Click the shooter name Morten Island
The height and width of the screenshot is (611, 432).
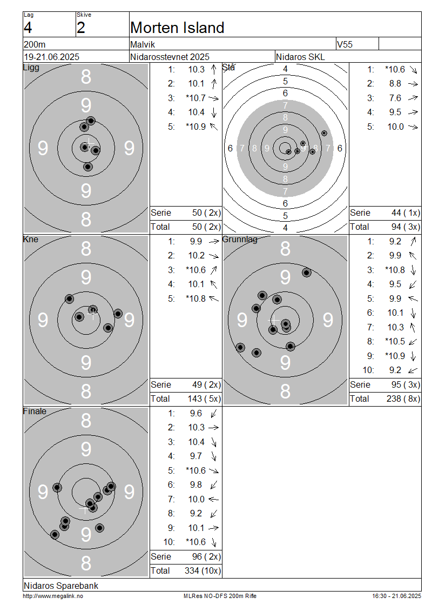click(177, 28)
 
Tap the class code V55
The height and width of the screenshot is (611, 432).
click(345, 44)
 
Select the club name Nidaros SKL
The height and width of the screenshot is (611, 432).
click(300, 57)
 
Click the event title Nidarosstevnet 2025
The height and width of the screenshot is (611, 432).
click(170, 57)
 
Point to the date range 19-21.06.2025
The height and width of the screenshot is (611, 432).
click(52, 57)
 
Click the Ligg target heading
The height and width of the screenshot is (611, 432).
click(31, 68)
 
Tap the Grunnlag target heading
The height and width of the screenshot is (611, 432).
click(240, 239)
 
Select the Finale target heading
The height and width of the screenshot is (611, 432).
click(35, 411)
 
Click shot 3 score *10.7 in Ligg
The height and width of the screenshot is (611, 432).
click(196, 98)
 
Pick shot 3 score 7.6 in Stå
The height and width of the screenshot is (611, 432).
click(395, 98)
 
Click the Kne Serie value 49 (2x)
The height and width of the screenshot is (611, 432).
click(206, 384)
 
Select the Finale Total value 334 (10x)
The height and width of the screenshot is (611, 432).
click(202, 570)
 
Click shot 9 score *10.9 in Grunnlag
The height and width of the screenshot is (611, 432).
click(395, 356)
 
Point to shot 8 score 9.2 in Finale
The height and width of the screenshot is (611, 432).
click(196, 514)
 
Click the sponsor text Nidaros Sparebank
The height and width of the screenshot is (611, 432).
click(61, 585)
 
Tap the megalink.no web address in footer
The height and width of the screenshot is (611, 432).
click(53, 596)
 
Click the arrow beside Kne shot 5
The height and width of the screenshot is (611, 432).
click(214, 298)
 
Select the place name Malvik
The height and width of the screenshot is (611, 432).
click(143, 44)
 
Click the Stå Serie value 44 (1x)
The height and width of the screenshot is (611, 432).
click(406, 212)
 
